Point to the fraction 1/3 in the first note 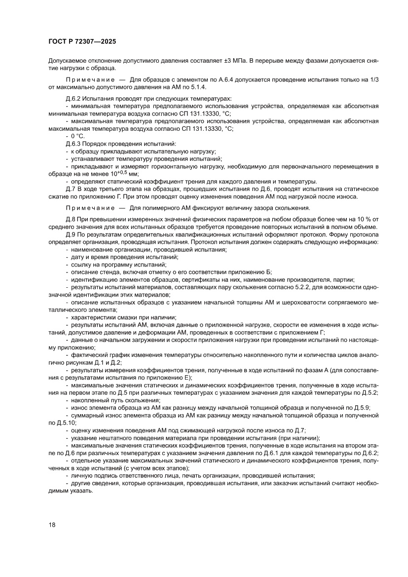click(x=374, y=80)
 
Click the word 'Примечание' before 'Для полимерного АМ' click(x=86, y=207)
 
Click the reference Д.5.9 click(x=360, y=408)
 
